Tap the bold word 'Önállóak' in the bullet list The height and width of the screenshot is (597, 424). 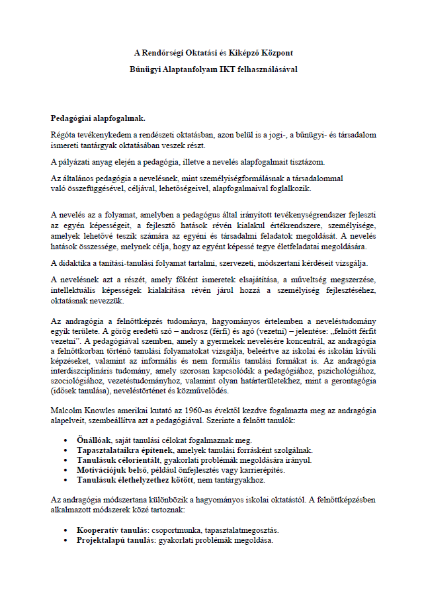coord(94,440)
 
